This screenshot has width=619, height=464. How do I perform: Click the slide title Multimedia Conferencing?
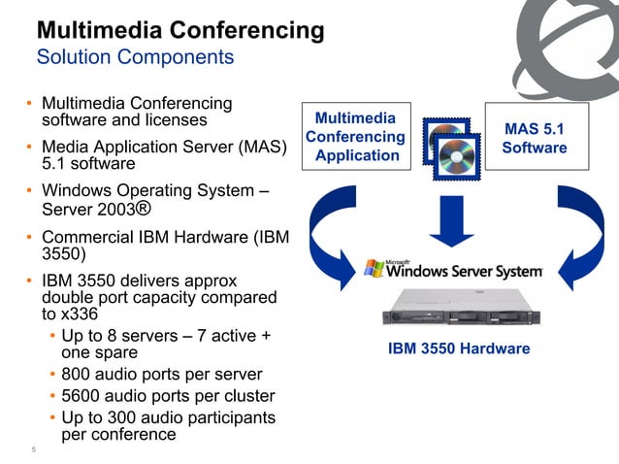tap(179, 30)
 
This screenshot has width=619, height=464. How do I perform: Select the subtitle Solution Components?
tap(135, 57)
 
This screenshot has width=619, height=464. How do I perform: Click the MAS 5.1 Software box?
tap(535, 137)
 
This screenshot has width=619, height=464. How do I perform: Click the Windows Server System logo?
tap(452, 268)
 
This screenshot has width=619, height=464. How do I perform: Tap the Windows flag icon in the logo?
tap(374, 267)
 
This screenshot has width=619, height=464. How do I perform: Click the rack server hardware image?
tap(460, 312)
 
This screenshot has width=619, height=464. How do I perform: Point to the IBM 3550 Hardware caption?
tap(459, 348)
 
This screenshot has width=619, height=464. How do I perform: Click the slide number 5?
tap(33, 449)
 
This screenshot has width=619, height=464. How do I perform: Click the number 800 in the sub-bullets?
tap(79, 375)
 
